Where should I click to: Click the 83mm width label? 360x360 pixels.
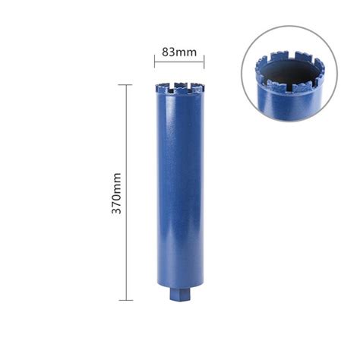click(x=179, y=52)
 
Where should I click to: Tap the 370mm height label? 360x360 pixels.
click(x=116, y=191)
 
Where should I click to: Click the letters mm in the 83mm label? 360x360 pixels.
click(x=187, y=52)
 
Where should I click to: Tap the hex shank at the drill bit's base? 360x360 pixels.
click(x=180, y=292)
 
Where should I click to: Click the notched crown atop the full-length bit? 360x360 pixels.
click(x=180, y=89)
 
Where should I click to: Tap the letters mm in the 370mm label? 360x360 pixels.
click(x=116, y=181)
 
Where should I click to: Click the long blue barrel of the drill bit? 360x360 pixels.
click(x=180, y=190)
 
